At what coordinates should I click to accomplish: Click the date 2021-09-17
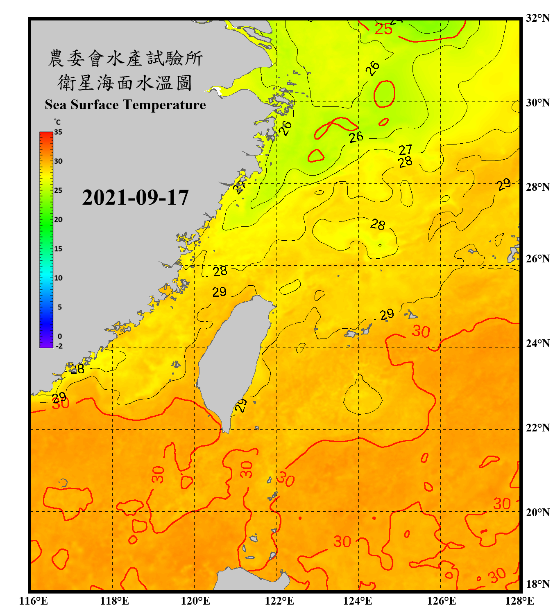pos(135,198)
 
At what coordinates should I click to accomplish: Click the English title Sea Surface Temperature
pos(125,105)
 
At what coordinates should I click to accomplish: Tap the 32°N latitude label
pos(537,18)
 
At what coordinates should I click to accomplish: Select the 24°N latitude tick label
pos(537,343)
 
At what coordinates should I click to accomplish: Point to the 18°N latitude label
pos(537,584)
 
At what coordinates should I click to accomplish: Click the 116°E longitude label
pos(34,601)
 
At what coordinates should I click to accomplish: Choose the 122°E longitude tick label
pos(279,601)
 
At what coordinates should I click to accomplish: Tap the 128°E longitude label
pos(519,601)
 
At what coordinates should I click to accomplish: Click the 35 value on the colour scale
pos(58,132)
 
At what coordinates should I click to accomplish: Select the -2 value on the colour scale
pos(59,346)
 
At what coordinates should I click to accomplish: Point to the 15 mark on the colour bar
pos(58,248)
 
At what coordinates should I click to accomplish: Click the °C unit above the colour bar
pos(57,122)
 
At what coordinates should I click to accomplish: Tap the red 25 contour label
pos(383,29)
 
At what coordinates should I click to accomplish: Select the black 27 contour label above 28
pos(405,149)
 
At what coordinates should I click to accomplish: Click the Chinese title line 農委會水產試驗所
pos(125,58)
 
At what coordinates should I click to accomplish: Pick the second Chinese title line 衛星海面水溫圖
pos(125,83)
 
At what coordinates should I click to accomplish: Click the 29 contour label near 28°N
pos(504,184)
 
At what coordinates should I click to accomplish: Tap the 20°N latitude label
pos(537,512)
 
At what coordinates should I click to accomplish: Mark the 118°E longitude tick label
pos(114,601)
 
